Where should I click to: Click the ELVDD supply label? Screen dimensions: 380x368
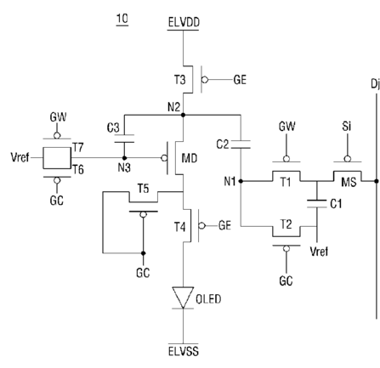tap(184, 22)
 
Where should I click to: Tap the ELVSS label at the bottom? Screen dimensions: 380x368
tap(184, 351)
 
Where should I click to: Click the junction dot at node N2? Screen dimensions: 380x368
tap(183, 115)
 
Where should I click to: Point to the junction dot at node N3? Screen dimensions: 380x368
tap(124, 158)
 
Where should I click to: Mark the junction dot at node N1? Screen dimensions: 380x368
tap(241, 181)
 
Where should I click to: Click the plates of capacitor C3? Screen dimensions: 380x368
tap(124, 139)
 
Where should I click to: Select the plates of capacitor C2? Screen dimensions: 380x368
tap(241, 144)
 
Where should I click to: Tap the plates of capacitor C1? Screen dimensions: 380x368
tap(317, 204)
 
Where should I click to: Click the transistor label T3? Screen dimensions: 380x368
tap(179, 80)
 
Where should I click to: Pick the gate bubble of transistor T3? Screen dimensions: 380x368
tap(205, 80)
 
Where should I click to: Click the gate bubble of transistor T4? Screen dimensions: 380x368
tap(201, 226)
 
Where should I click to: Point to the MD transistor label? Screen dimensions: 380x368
tap(189, 158)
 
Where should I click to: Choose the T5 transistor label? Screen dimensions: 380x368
tap(143, 189)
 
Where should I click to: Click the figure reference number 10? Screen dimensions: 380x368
tap(122, 19)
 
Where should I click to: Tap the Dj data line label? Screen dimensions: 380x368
tap(375, 84)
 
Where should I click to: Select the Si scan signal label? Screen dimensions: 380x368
tap(347, 126)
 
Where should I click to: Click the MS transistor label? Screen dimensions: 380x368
tap(349, 182)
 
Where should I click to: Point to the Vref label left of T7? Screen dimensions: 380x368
tap(20, 157)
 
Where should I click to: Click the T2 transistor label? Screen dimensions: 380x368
tap(286, 224)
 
